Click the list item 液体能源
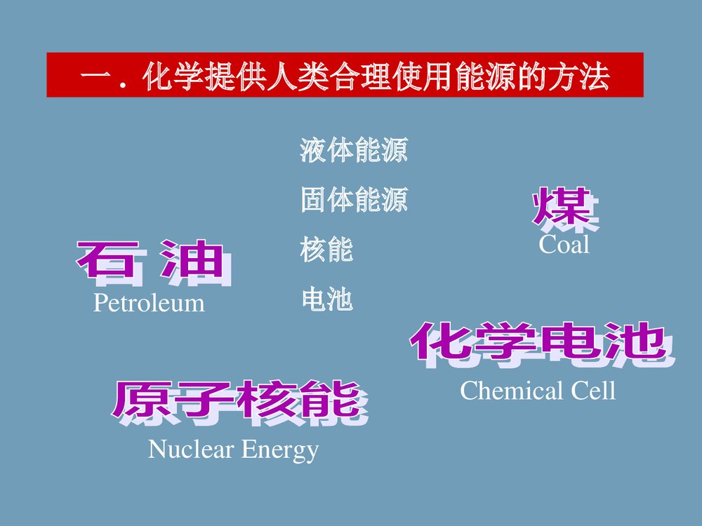pyautogui.click(x=354, y=151)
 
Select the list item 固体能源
pyautogui.click(x=354, y=201)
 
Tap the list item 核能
pyautogui.click(x=326, y=250)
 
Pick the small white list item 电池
pyautogui.click(x=326, y=300)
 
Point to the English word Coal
pyautogui.click(x=564, y=245)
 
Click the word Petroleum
pyautogui.click(x=149, y=304)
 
